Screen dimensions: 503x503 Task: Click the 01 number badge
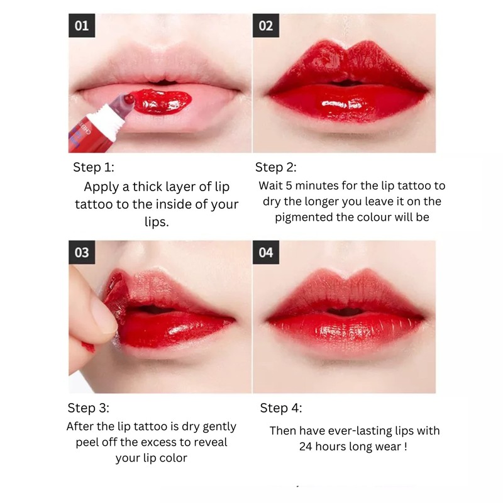coord(82,26)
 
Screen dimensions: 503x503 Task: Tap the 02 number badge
coord(265,26)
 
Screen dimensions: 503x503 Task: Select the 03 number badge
coord(82,253)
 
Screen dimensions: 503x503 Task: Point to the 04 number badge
coord(265,253)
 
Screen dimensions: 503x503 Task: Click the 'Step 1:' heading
coord(93,167)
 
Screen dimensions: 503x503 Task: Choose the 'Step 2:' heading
coord(275,167)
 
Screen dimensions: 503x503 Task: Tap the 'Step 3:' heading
coord(88,408)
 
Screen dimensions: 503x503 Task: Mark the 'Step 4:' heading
coord(280,408)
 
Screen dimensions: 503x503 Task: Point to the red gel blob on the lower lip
coord(161,101)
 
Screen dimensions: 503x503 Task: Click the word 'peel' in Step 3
coord(87,443)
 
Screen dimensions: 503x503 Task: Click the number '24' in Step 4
coord(306,446)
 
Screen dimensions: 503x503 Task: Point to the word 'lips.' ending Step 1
coord(157,222)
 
